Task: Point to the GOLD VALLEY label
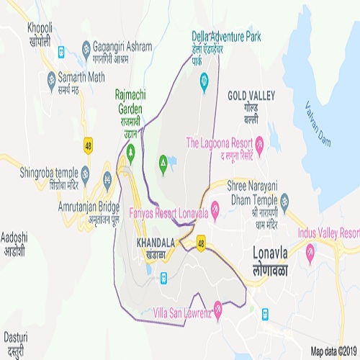point(251,95)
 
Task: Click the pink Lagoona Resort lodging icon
point(260,142)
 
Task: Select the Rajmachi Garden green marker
point(131,153)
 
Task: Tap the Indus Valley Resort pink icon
point(310,250)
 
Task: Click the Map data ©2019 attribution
point(333,351)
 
